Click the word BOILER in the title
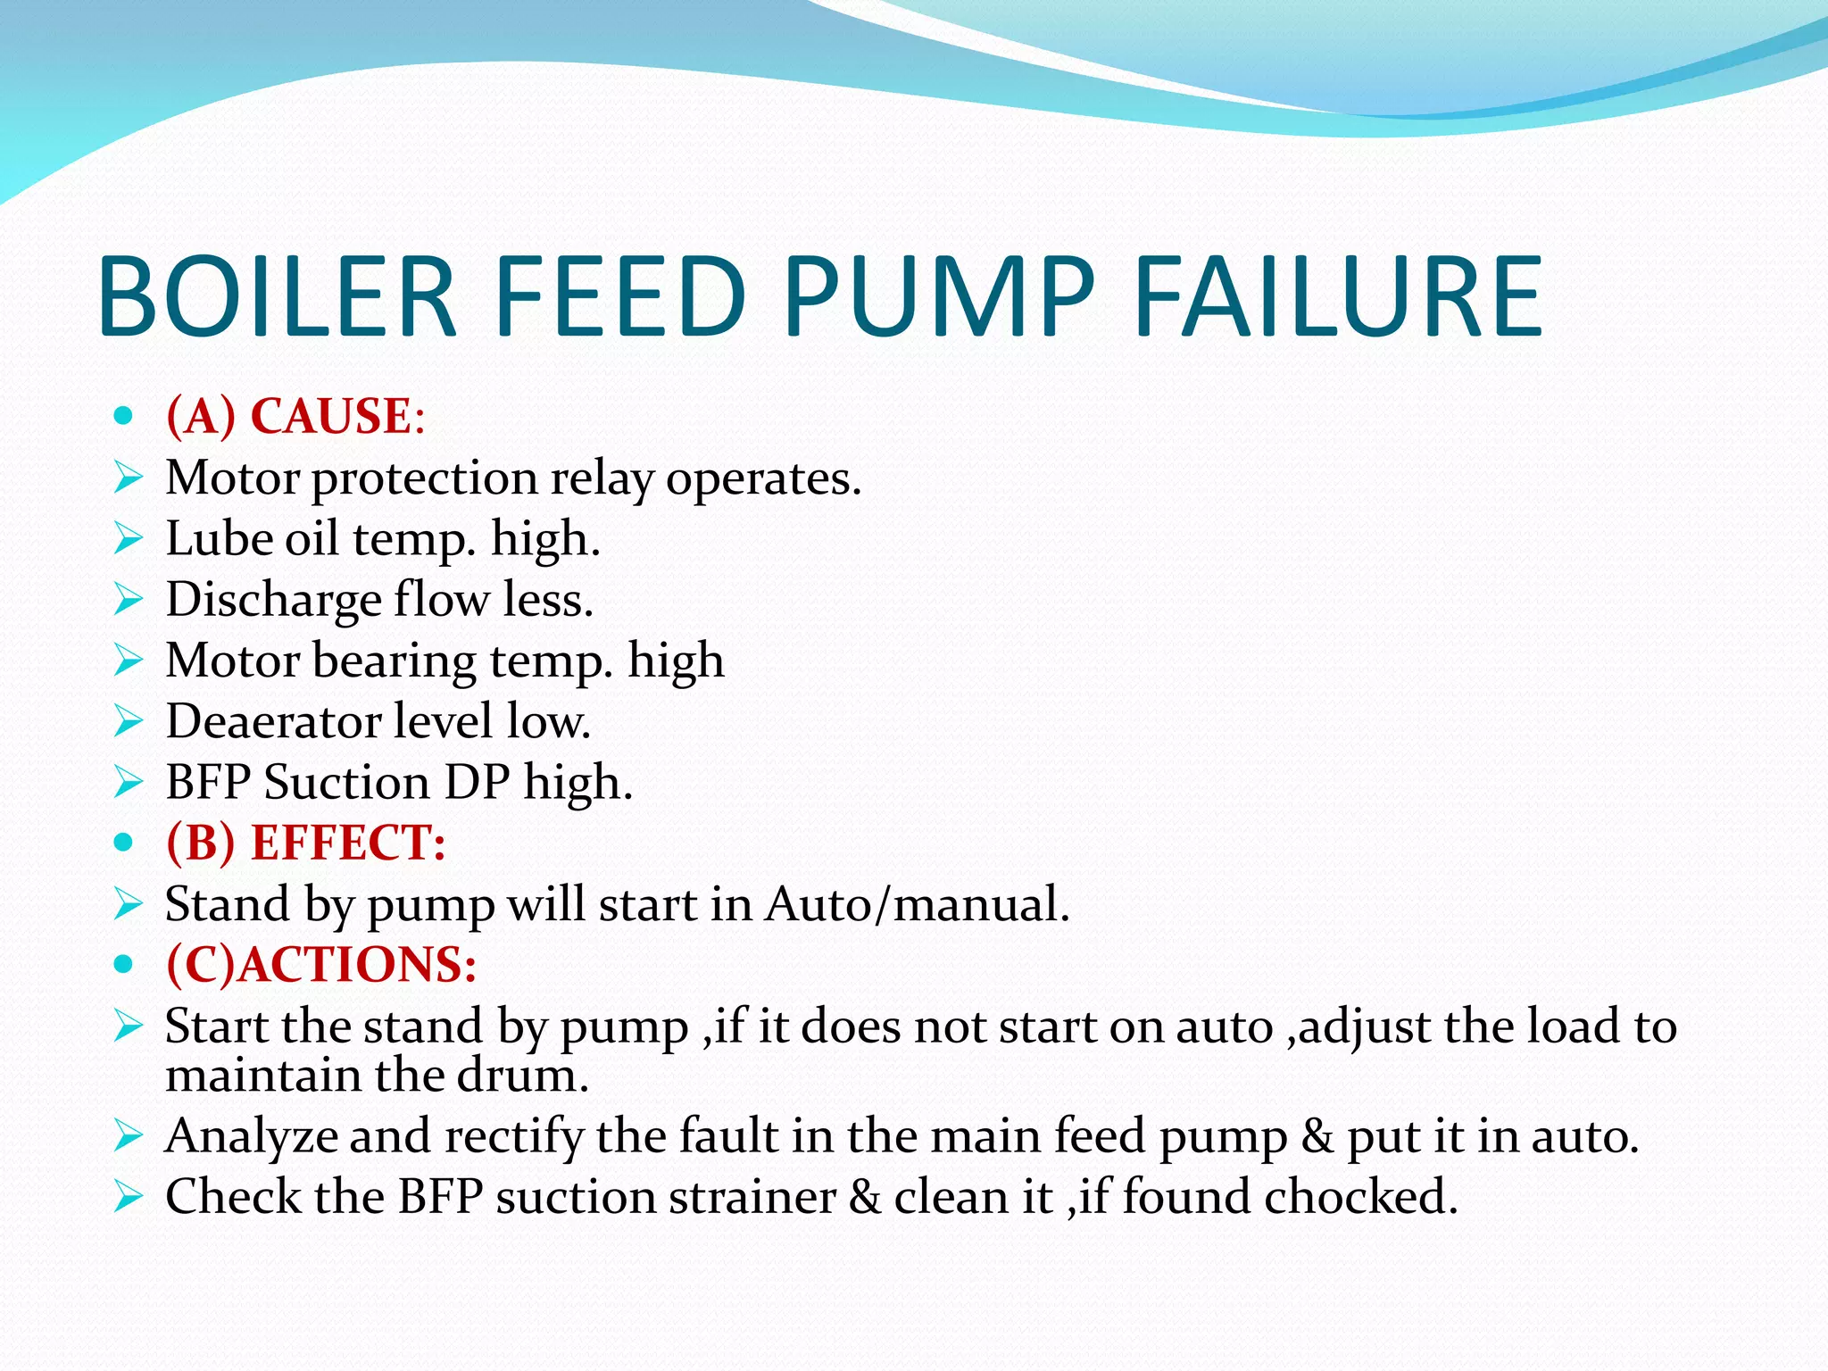point(278,297)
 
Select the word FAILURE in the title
point(1338,297)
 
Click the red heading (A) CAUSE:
point(295,416)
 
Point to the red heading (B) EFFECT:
point(305,842)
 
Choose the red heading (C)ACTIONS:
point(321,964)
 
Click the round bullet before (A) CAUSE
point(124,416)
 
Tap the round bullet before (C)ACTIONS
point(124,965)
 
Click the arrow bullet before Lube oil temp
point(129,539)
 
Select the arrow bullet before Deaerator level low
point(129,721)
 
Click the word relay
point(601,479)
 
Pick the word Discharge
point(274,601)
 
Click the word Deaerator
point(273,721)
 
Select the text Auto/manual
point(917,904)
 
